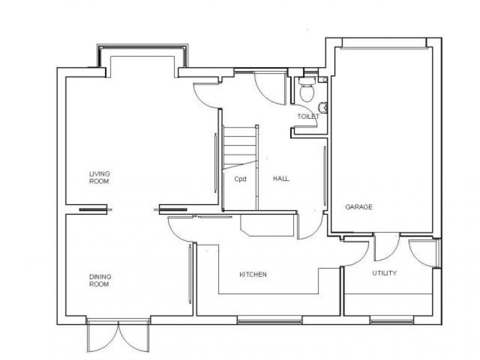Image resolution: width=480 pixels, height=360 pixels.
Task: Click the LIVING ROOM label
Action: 100,178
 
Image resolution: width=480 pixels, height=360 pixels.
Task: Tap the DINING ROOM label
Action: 100,281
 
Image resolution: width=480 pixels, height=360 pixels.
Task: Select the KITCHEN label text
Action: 253,275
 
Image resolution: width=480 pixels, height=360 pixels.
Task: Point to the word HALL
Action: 281,179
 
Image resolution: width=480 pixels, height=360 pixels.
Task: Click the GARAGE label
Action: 359,207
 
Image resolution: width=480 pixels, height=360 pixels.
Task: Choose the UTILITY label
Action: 385,273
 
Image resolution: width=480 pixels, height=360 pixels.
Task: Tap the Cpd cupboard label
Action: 241,179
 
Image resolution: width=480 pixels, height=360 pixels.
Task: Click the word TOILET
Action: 308,116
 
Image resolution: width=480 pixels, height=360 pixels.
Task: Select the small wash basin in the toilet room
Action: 323,107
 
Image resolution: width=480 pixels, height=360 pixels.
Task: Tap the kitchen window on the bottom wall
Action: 270,321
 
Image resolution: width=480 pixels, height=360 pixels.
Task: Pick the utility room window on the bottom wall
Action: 391,321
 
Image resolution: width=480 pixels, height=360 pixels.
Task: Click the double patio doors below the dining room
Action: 118,335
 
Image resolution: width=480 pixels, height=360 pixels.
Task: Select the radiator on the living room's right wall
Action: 215,163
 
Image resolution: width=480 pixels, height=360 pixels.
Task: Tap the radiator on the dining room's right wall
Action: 190,274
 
